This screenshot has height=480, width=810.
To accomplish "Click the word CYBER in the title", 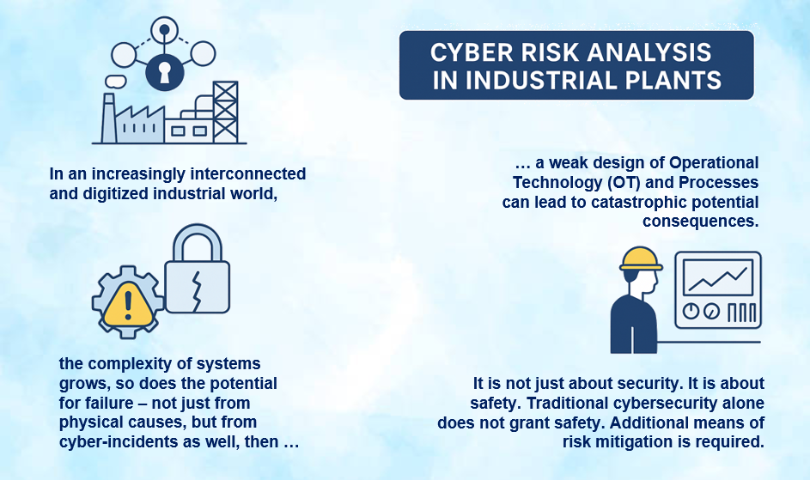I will tap(470, 53).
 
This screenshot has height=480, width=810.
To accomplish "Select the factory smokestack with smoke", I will tap(109, 117).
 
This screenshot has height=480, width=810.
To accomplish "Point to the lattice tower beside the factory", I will tap(225, 111).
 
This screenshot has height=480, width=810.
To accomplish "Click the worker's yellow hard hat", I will tap(641, 259).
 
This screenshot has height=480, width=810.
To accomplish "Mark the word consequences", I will tap(700, 222).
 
